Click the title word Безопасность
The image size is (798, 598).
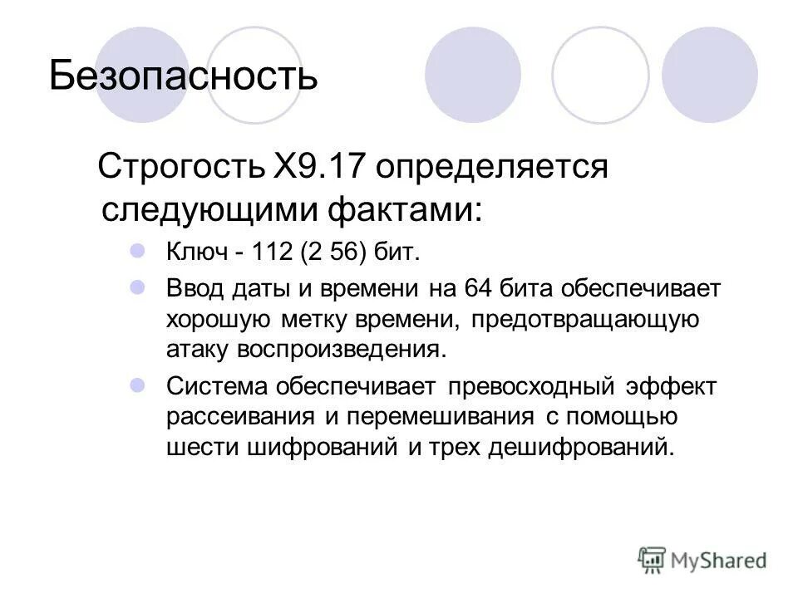[183, 76]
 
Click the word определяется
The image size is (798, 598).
[490, 169]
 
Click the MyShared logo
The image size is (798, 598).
[702, 559]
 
